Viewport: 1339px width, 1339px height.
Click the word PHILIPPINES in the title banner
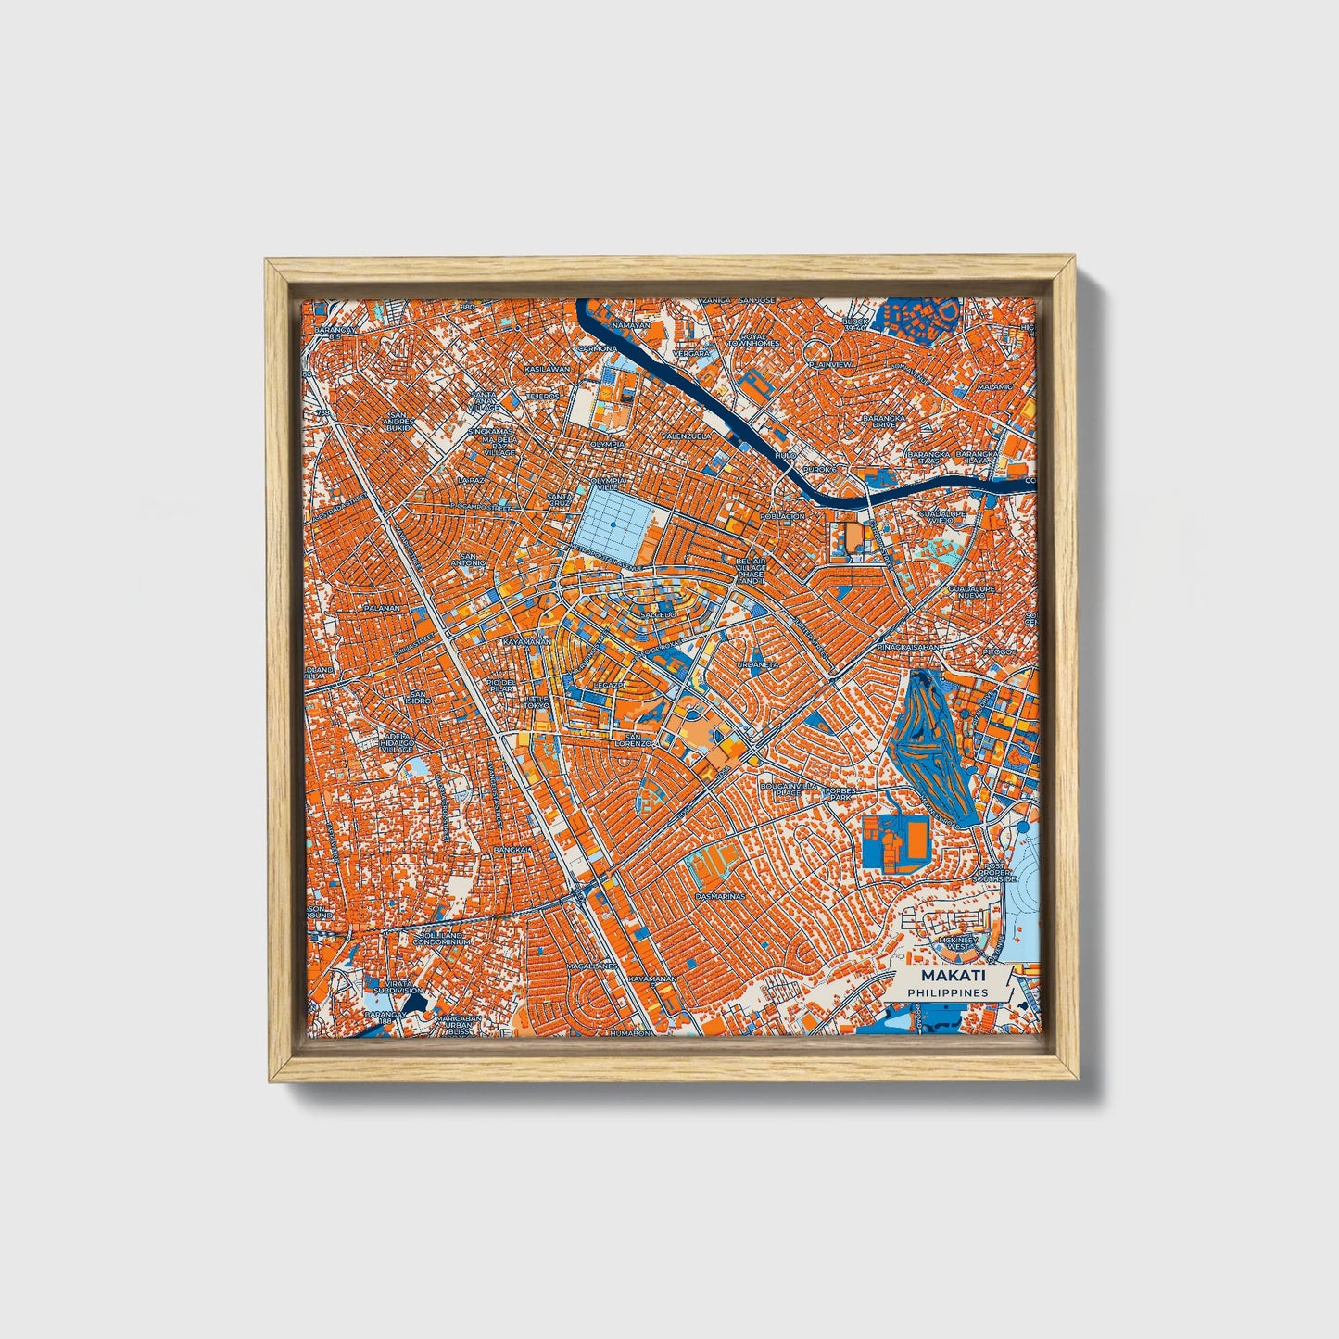947,992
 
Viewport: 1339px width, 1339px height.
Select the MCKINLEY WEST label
952,943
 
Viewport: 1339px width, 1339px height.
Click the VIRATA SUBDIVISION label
398,986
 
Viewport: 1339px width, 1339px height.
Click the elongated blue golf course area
931,741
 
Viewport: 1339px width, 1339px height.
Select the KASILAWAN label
547,369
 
